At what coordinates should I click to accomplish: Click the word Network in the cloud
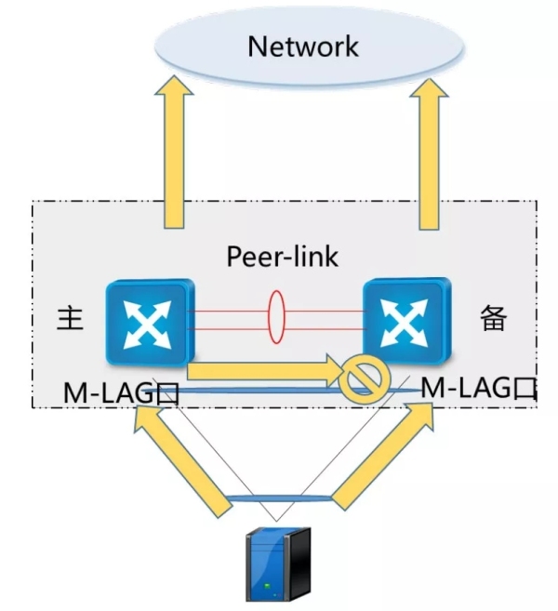point(302,46)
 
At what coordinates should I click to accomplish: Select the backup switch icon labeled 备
point(406,321)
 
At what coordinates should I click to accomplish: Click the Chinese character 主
point(71,319)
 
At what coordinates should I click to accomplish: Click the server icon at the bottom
point(275,563)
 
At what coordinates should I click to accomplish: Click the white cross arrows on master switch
point(147,322)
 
